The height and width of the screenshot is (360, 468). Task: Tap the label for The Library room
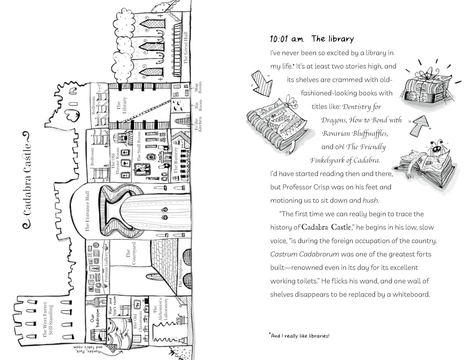122,105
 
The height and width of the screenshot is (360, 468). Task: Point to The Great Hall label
185,48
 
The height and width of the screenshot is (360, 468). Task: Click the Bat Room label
198,105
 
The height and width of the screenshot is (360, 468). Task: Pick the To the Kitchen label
198,124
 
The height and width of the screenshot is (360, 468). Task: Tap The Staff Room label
139,146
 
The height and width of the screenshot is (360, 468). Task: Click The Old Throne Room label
115,161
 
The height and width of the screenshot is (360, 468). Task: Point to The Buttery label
176,160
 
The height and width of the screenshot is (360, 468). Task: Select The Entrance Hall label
87,211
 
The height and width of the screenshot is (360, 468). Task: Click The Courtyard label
131,253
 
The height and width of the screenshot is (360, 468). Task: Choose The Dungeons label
180,273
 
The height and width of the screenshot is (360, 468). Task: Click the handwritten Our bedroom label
95,318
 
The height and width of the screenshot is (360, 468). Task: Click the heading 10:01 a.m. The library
312,39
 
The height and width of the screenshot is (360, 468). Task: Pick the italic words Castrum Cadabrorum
305,254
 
